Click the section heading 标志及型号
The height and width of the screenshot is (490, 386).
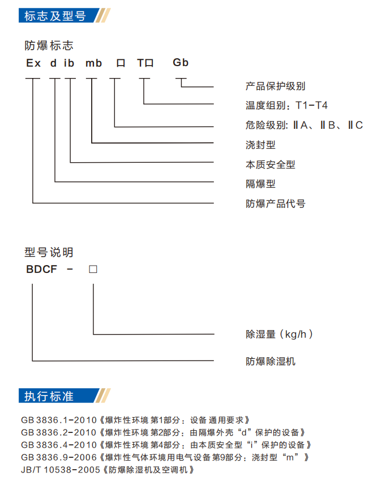pos(55,16)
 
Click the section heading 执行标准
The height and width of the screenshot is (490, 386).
pos(49,396)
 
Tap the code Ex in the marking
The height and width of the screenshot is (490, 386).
pos(33,63)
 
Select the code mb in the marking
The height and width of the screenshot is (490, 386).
pos(93,63)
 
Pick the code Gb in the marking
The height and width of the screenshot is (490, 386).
pos(181,63)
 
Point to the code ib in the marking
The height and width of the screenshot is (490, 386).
pos(69,63)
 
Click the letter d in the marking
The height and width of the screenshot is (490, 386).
pos(53,63)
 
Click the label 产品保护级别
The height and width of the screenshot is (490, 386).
pos(275,86)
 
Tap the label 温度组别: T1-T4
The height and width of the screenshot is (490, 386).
pos(286,105)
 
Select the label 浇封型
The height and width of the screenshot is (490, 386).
pos(260,145)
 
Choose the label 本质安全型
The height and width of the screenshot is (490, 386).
pos(271,164)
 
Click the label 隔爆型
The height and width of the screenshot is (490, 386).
pos(260,184)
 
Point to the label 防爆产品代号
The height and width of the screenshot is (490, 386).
pos(275,203)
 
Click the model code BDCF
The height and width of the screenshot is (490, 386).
pos(42,269)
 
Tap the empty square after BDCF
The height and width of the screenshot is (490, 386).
pos(93,269)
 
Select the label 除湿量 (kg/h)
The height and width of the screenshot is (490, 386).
pos(279,334)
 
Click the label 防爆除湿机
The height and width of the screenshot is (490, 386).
pos(271,361)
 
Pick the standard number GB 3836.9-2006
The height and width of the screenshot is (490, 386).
pos(59,457)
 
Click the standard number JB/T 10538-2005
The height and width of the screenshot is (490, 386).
pos(61,470)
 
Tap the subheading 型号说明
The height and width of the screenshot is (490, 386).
pos(49,252)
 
